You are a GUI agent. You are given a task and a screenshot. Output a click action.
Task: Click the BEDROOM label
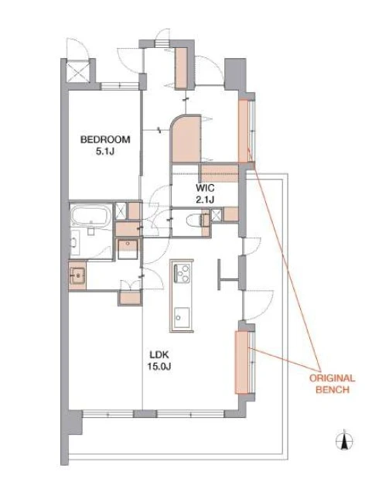tap(105, 139)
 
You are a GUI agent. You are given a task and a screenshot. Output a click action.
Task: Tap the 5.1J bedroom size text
tap(105, 152)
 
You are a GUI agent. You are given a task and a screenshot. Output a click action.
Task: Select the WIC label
tap(205, 188)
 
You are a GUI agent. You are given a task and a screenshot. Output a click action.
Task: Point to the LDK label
tap(159, 354)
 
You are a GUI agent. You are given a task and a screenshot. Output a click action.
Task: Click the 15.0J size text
tap(159, 367)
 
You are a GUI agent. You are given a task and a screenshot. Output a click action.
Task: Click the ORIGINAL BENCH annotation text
tap(333, 384)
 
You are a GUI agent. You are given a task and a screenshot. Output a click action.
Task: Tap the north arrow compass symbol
tap(344, 442)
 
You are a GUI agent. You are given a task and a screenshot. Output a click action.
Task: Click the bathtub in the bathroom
tap(91, 216)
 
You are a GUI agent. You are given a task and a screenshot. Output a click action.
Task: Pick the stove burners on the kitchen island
tap(182, 273)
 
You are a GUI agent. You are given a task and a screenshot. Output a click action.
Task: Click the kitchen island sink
tap(182, 318)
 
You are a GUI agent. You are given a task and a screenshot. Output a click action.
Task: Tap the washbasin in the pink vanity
tap(77, 275)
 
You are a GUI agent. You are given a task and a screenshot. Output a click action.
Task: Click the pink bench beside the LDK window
tap(241, 363)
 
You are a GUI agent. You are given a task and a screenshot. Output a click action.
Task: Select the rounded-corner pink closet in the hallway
tap(186, 139)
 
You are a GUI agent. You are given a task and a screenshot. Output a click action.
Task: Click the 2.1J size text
tap(205, 200)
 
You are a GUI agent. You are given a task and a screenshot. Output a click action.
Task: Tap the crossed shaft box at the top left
tap(78, 72)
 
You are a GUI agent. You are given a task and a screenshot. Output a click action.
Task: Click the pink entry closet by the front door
tap(181, 67)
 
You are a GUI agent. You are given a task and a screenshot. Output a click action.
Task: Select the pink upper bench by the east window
tap(243, 131)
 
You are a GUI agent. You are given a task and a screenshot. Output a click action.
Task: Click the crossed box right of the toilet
tap(217, 215)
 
